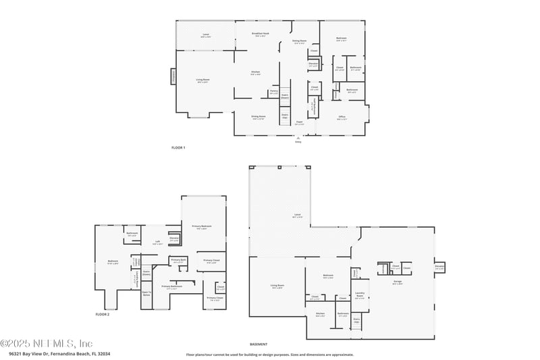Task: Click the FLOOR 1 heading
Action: click(x=178, y=147)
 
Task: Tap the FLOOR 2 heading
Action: click(x=102, y=315)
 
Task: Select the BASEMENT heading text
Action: click(x=259, y=344)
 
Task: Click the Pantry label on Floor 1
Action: click(x=273, y=91)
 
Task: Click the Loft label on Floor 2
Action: click(x=157, y=242)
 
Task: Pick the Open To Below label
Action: click(x=146, y=293)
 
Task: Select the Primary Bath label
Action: click(x=178, y=260)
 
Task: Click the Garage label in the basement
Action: click(x=398, y=283)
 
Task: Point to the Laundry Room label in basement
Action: click(x=360, y=295)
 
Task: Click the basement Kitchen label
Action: click(x=320, y=314)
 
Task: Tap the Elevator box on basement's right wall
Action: click(x=439, y=267)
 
